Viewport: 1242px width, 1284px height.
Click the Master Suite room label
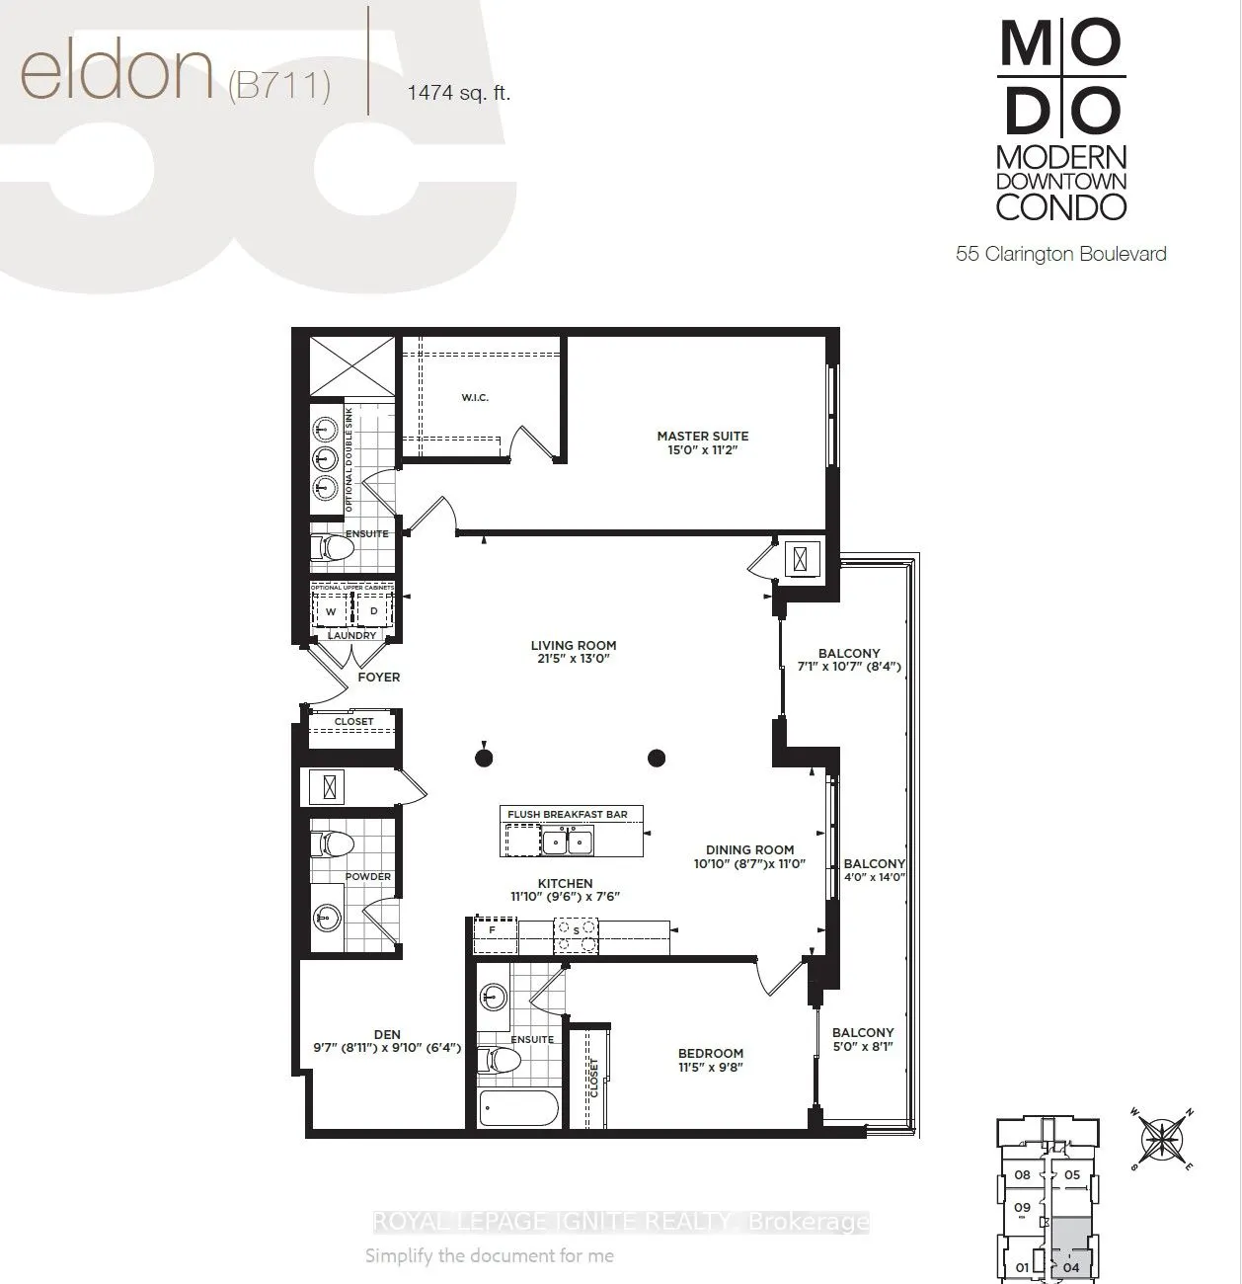click(703, 436)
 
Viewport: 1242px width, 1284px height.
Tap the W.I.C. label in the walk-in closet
click(475, 397)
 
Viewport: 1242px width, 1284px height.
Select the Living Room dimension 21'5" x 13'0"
click(572, 659)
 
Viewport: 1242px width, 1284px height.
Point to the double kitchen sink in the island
click(567, 842)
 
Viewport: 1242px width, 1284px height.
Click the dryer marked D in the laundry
click(373, 611)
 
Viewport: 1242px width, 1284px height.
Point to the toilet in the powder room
click(332, 845)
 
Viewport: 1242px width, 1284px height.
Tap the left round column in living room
click(484, 758)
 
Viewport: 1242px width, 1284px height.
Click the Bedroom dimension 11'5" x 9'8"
click(710, 1068)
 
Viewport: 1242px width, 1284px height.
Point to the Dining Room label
click(749, 849)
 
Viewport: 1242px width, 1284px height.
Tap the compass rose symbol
click(1163, 1139)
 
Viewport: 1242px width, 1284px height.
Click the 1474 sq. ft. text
click(458, 94)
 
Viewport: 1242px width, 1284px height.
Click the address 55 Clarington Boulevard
click(1060, 254)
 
